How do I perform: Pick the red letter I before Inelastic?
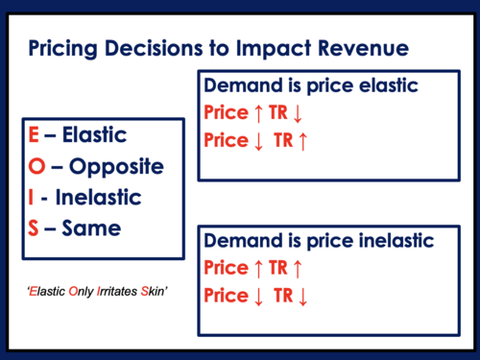click(33, 199)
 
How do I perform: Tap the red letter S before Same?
click(34, 229)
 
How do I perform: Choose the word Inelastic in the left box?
click(104, 199)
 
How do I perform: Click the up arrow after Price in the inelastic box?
click(257, 268)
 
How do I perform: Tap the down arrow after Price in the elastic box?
click(257, 140)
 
